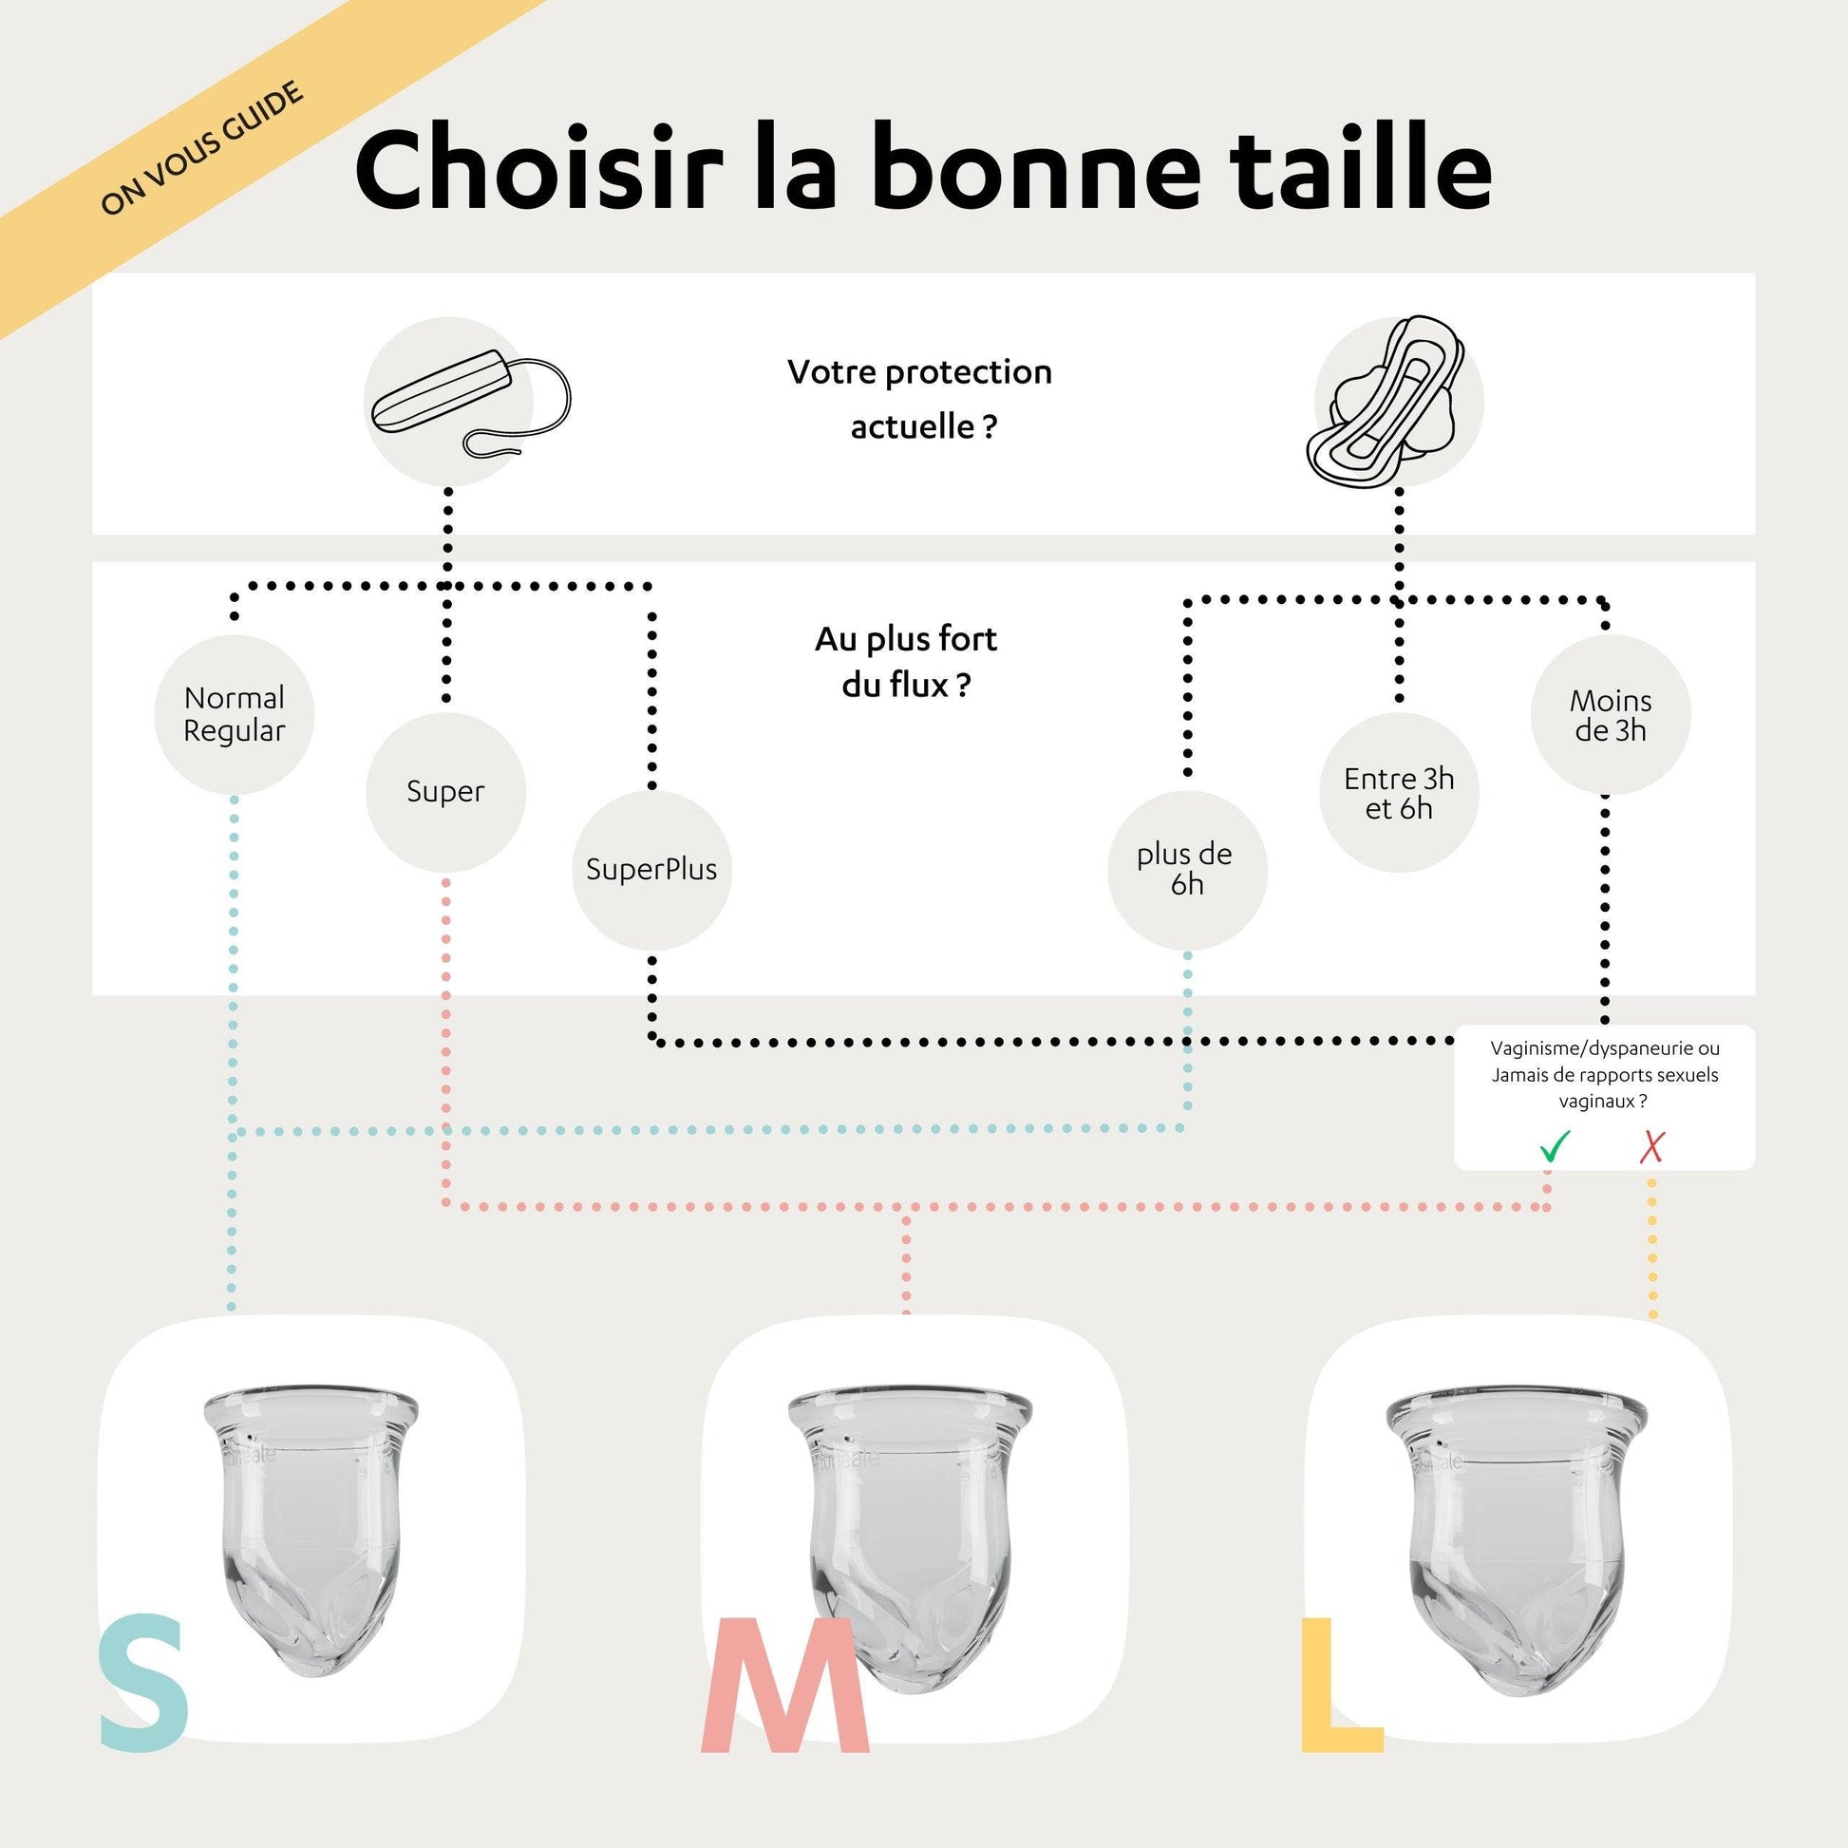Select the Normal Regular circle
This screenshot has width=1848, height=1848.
(235, 713)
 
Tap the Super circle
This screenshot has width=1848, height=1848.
(445, 792)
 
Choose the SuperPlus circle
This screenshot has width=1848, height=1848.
(651, 870)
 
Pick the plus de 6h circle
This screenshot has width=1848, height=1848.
(1187, 870)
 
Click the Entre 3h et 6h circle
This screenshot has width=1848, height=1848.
(1400, 792)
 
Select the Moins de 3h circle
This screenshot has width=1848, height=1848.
(1611, 714)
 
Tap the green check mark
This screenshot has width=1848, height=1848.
(1556, 1146)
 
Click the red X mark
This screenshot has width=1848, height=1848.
(1652, 1147)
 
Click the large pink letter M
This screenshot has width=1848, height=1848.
(785, 1685)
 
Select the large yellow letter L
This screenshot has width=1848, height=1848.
(1341, 1685)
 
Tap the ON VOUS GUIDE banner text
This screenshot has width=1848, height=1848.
(202, 148)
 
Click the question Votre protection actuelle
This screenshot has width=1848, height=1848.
(919, 399)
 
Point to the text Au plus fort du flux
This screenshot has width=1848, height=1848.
(906, 662)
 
